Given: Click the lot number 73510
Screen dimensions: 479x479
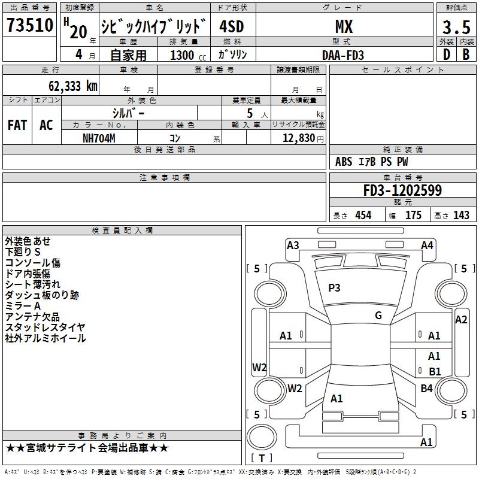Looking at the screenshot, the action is [29, 25].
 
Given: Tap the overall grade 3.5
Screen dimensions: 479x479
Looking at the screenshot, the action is [456, 27].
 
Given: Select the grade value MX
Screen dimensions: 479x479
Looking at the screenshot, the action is [344, 26].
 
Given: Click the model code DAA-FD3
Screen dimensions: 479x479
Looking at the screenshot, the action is [343, 55].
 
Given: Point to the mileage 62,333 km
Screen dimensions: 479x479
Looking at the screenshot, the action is [73, 86].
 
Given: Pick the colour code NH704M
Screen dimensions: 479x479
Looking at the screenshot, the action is [99, 138].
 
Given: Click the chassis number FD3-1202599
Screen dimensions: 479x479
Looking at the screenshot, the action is [402, 190].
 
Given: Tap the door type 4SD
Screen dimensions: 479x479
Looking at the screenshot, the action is [232, 26].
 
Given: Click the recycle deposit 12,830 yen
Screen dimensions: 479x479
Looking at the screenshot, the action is [303, 138].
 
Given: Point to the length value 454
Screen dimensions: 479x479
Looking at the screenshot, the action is [363, 215].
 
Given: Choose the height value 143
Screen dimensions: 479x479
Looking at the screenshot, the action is [461, 215].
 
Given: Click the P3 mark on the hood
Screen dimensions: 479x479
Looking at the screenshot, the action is [334, 288].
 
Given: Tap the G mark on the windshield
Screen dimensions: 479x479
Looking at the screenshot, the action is [378, 316].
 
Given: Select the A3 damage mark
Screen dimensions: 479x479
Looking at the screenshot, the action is [293, 245].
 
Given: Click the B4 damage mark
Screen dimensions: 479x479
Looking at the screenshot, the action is [426, 388].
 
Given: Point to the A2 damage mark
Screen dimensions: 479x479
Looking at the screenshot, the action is [461, 320].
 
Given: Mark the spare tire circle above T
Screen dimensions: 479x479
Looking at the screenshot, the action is [262, 437].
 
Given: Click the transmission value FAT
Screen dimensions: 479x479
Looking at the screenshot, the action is [17, 125].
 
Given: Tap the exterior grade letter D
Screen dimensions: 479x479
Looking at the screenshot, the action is [447, 54].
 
